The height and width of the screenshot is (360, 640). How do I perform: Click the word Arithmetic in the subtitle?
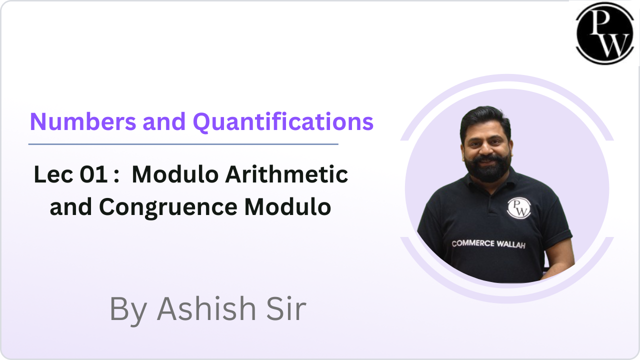pos(287,175)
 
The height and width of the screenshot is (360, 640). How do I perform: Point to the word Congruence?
pos(169,207)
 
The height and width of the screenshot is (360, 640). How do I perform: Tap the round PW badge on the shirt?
pos(518,207)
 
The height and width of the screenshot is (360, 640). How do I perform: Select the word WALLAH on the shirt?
pos(511,244)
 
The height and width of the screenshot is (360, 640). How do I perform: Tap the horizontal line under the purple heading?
pos(183,144)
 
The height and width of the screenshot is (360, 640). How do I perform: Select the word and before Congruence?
pos(70,207)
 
